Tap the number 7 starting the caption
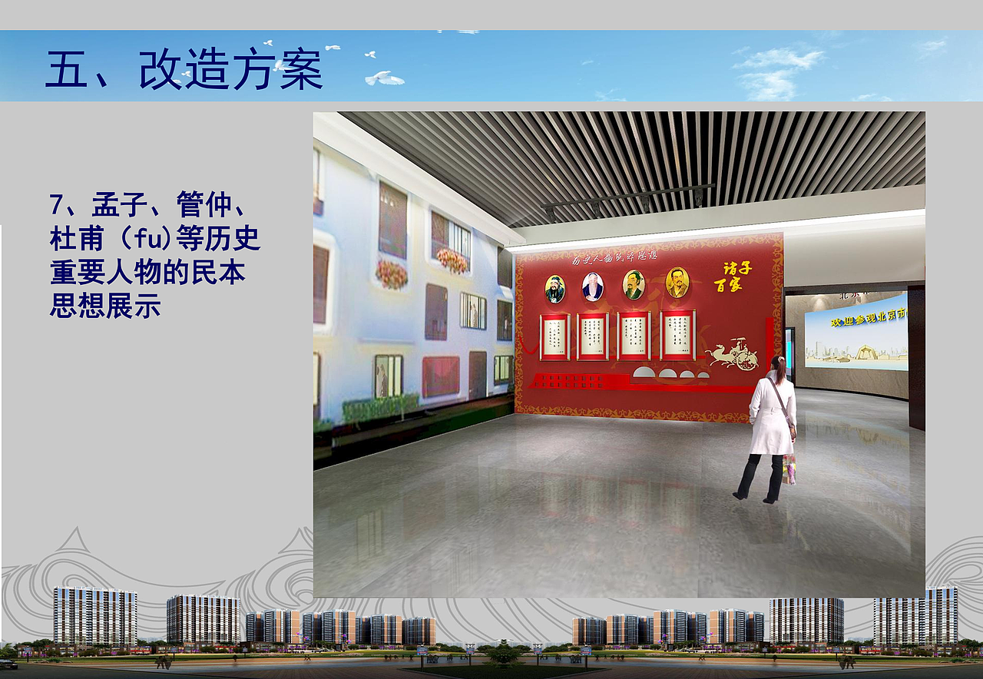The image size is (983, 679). (56, 205)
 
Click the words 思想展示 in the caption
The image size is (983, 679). (105, 305)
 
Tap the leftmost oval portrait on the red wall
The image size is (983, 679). (554, 289)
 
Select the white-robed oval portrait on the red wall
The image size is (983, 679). (592, 287)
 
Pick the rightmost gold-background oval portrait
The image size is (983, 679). (677, 283)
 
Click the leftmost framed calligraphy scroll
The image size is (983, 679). (554, 336)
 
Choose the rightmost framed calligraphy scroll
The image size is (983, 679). (677, 335)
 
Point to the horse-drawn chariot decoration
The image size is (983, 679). (733, 353)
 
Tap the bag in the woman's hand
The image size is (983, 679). (789, 469)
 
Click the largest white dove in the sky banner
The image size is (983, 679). (383, 78)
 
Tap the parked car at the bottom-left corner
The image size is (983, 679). (8, 663)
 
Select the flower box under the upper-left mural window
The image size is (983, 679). (391, 273)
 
